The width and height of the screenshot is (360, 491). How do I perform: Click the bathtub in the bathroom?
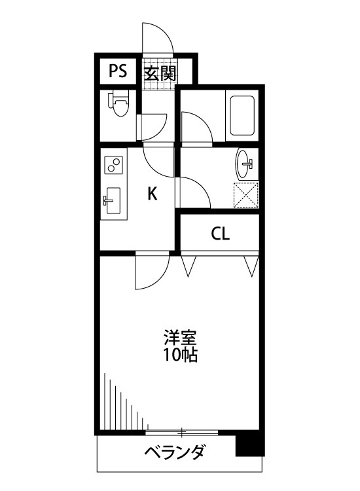242,116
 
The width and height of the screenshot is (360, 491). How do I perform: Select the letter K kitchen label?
151,193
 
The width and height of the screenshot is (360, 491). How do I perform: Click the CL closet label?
220,234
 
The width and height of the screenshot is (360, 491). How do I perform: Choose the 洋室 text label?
180,339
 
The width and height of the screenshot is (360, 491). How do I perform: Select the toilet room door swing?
154,126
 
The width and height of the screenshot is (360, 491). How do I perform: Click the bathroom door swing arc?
196,128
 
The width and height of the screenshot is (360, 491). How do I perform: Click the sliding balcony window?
182,432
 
